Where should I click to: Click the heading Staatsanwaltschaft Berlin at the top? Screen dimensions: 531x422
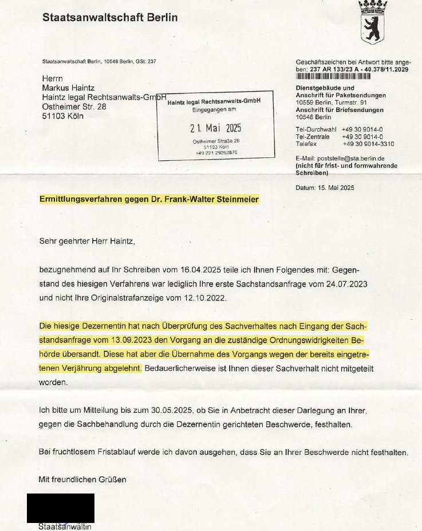tap(110, 18)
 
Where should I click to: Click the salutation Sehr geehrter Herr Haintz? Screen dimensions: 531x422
tap(86, 241)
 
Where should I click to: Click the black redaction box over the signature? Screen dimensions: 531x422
tap(61, 508)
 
